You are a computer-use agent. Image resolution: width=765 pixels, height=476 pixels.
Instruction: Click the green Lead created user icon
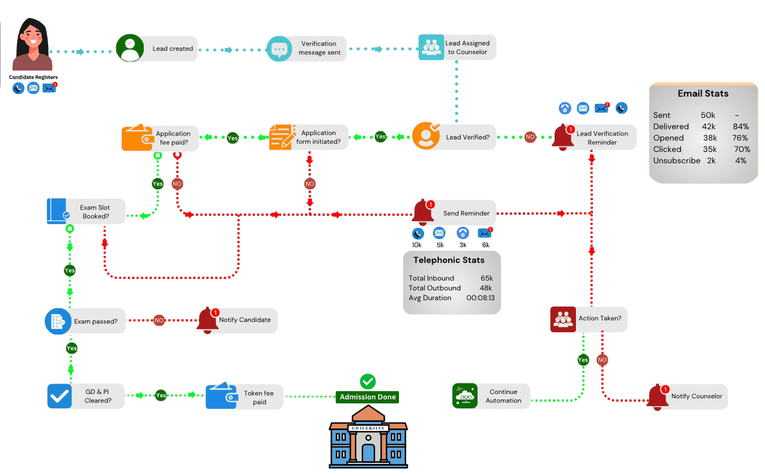click(130, 48)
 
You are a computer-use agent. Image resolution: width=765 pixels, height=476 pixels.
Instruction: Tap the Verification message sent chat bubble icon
click(279, 49)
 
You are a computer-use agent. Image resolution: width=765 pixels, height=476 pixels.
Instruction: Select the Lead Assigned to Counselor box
click(457, 48)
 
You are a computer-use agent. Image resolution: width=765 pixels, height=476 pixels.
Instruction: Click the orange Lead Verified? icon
click(426, 136)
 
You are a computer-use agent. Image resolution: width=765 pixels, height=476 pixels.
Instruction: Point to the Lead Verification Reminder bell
click(563, 137)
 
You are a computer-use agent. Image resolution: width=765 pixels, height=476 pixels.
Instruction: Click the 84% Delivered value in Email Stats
click(740, 127)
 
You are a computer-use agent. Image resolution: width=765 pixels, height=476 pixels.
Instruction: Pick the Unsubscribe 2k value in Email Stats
click(711, 161)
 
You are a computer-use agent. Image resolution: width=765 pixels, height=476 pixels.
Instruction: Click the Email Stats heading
click(703, 93)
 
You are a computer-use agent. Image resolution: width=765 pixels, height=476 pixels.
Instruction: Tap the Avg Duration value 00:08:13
click(480, 298)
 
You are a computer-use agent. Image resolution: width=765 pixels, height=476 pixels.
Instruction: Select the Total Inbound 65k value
click(487, 278)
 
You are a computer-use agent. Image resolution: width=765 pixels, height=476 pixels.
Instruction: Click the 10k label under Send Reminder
click(416, 245)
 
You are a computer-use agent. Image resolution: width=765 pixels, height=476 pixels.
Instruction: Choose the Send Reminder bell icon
click(423, 213)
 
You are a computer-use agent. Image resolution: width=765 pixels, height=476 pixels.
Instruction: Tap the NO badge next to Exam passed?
click(159, 320)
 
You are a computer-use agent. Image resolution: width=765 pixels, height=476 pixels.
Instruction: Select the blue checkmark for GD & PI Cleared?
click(60, 396)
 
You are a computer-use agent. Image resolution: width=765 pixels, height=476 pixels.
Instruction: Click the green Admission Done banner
click(367, 397)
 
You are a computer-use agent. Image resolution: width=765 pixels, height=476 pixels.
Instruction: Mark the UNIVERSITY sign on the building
click(368, 428)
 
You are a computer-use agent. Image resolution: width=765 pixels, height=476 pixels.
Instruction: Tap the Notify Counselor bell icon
click(658, 397)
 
